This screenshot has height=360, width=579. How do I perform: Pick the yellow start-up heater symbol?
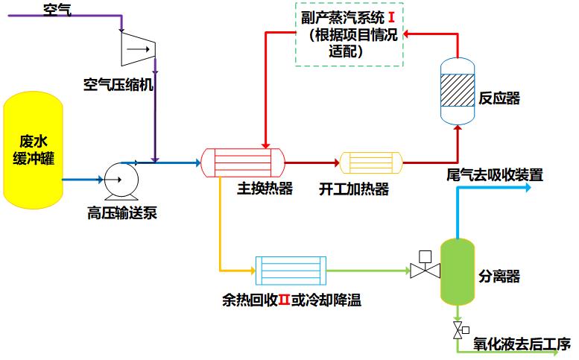pyautogui.click(x=370, y=162)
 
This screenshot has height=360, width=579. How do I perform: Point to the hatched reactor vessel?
pyautogui.click(x=457, y=92)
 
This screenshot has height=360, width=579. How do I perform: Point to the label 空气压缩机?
pyautogui.click(x=118, y=84)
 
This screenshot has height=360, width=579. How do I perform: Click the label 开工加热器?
pyautogui.click(x=354, y=189)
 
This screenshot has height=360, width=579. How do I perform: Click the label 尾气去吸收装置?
pyautogui.click(x=495, y=176)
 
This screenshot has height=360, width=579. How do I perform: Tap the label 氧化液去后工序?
pyautogui.click(x=522, y=345)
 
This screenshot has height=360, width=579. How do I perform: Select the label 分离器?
pyautogui.click(x=499, y=277)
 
